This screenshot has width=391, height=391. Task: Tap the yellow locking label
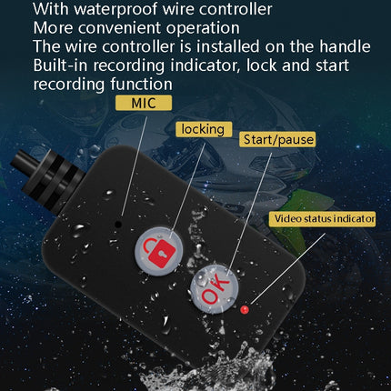(202, 129)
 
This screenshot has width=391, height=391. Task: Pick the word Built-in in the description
(62, 65)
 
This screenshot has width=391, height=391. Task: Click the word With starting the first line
(52, 10)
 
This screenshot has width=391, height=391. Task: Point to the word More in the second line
(53, 28)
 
